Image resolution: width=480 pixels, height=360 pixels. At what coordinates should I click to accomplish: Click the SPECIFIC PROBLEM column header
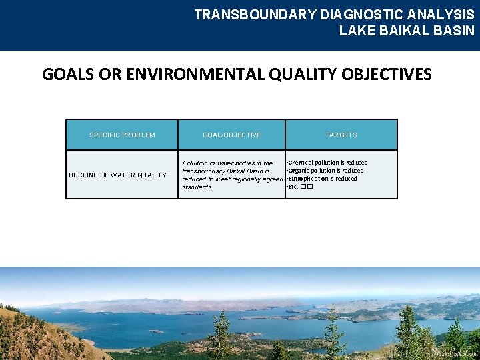122,135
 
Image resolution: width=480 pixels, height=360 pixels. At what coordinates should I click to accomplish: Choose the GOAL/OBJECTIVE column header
231,135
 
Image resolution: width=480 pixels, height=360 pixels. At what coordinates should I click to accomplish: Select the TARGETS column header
341,135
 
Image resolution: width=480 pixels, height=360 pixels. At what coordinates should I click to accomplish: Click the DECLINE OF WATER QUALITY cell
118,175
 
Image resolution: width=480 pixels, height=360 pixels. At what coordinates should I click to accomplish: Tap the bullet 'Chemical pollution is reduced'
327,163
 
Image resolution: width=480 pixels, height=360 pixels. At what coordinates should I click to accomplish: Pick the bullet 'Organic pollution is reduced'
325,171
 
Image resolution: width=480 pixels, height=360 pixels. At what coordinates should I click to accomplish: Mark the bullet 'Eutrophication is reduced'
322,179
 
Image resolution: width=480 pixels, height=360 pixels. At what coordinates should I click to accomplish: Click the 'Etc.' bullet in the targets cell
293,187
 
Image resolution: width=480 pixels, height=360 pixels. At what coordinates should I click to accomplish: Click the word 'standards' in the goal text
197,187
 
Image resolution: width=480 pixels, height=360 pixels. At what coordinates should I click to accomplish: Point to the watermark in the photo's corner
454,353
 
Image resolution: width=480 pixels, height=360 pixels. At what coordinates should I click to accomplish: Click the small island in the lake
156,331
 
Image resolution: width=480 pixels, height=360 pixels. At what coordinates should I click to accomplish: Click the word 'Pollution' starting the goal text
197,163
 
